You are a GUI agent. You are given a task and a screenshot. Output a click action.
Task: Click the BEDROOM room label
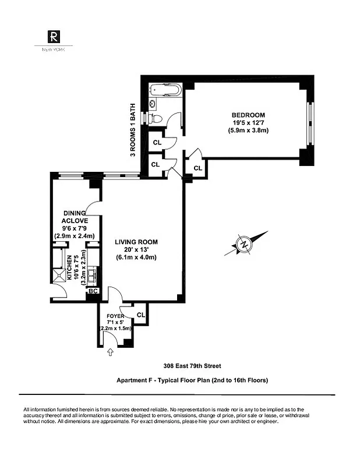click(x=248, y=115)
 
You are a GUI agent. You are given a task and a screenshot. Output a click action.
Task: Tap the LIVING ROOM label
click(x=136, y=242)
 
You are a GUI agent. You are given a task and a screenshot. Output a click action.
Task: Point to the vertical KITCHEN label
click(x=69, y=268)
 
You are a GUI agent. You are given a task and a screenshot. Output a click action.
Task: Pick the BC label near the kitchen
click(x=93, y=290)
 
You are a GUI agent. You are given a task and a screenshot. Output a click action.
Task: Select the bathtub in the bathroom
click(x=165, y=91)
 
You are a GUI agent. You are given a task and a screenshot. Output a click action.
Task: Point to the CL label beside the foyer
click(x=140, y=315)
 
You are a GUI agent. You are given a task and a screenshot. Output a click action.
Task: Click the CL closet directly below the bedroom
click(x=197, y=168)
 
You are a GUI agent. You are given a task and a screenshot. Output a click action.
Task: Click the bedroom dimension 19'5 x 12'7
click(x=248, y=123)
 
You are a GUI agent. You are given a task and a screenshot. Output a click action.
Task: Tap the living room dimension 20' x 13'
click(x=136, y=250)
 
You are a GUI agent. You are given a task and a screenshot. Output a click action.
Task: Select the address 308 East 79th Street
click(x=192, y=366)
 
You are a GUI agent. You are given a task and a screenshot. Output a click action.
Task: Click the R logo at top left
click(x=53, y=37)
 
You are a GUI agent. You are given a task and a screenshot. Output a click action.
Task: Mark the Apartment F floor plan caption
click(x=192, y=380)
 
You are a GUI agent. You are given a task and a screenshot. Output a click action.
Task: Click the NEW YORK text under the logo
click(x=53, y=50)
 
